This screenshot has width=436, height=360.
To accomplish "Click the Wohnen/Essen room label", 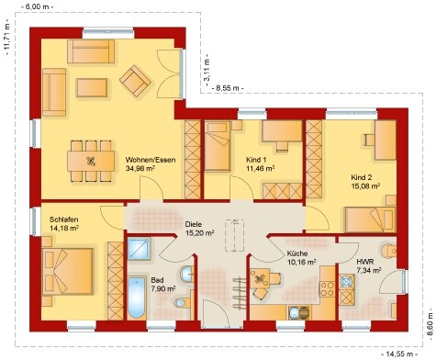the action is coord(151,160).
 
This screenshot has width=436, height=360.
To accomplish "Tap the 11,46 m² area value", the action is coord(260,168).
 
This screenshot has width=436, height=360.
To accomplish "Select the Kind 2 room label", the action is coord(362,177).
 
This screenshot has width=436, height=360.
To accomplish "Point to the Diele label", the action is coord(194,224).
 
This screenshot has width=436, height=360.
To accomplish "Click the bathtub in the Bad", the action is coord(137,298).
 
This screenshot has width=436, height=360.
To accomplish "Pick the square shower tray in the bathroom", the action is coord(139,249).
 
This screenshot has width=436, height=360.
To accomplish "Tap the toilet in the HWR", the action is coord(389,251).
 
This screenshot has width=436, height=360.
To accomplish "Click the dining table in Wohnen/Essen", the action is coord(91,161).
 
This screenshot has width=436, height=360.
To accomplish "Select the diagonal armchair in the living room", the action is coord(135,81).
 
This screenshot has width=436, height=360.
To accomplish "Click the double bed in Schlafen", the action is coord(68,272).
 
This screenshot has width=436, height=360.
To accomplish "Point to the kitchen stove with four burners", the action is coord(327,289).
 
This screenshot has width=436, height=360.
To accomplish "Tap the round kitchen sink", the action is coord(294,313).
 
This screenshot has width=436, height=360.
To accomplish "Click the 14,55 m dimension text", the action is coord(400,354).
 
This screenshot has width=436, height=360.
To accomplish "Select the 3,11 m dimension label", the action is coord(207,70).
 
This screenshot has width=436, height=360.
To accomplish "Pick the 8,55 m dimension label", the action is coord(228,88).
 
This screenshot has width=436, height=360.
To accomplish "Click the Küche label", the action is coord(297,253).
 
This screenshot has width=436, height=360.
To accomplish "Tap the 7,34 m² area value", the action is coord(369,271).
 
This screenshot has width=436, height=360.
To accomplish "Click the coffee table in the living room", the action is coord(92,88).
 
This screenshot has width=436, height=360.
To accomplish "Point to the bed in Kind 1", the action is coord(218,146).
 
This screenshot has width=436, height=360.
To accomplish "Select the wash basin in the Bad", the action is coord(186,274).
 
